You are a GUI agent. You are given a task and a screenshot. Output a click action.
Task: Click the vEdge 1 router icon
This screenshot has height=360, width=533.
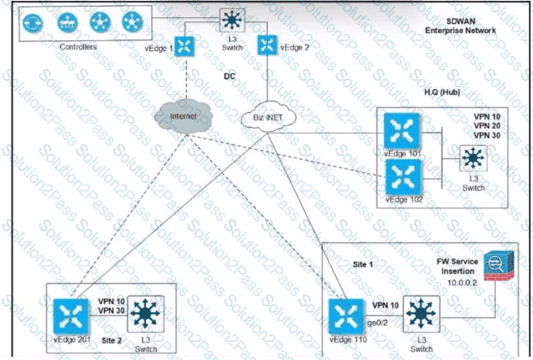coord(185,46)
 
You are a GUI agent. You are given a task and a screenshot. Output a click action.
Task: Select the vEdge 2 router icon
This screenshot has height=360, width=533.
coord(265,46)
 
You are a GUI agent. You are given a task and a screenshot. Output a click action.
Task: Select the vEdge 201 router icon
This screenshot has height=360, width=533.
coord(72,316)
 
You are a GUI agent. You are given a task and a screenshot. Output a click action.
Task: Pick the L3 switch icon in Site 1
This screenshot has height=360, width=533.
coord(420,314)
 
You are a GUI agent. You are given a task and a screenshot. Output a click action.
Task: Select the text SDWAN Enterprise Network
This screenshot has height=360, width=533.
coord(461,26)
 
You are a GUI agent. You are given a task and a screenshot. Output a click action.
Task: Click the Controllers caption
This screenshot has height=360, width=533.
coord(78,47)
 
